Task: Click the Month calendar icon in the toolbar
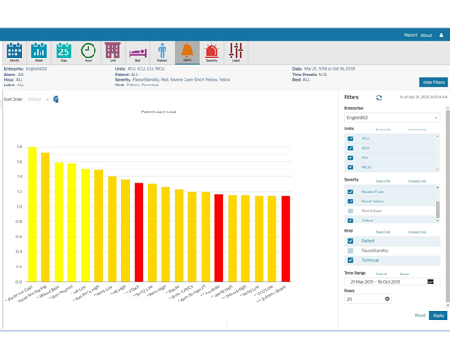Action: [x=14, y=52]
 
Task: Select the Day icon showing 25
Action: [x=64, y=52]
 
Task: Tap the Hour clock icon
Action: [x=88, y=52]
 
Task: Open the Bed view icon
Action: [x=138, y=53]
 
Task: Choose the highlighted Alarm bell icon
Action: [x=186, y=52]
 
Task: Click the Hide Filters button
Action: [x=433, y=82]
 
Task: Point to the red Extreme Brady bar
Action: [x=286, y=238]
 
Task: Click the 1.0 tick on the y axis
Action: [x=18, y=206]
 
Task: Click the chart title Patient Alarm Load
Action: [x=158, y=112]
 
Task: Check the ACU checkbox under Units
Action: [x=351, y=139]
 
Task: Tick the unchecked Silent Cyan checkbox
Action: [x=351, y=211]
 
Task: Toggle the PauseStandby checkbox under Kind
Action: [x=351, y=251]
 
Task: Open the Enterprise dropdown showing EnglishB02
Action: [x=391, y=118]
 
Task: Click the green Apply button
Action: [x=437, y=315]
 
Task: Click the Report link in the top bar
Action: [x=409, y=35]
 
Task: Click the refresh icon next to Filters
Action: [x=379, y=98]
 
